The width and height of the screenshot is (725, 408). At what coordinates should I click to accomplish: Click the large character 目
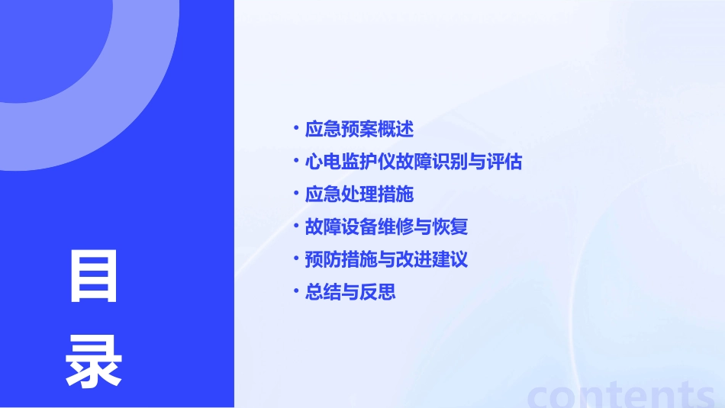point(94,275)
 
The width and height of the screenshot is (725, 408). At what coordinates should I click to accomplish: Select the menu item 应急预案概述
point(359,130)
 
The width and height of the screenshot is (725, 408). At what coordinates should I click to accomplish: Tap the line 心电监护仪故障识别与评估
point(413,162)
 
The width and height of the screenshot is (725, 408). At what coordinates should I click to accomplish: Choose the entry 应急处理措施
point(359,194)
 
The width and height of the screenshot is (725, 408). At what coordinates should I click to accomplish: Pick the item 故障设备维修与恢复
point(386,227)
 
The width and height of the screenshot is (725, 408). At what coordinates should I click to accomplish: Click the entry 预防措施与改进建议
point(386,260)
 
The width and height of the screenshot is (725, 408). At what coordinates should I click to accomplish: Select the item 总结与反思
point(350,293)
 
